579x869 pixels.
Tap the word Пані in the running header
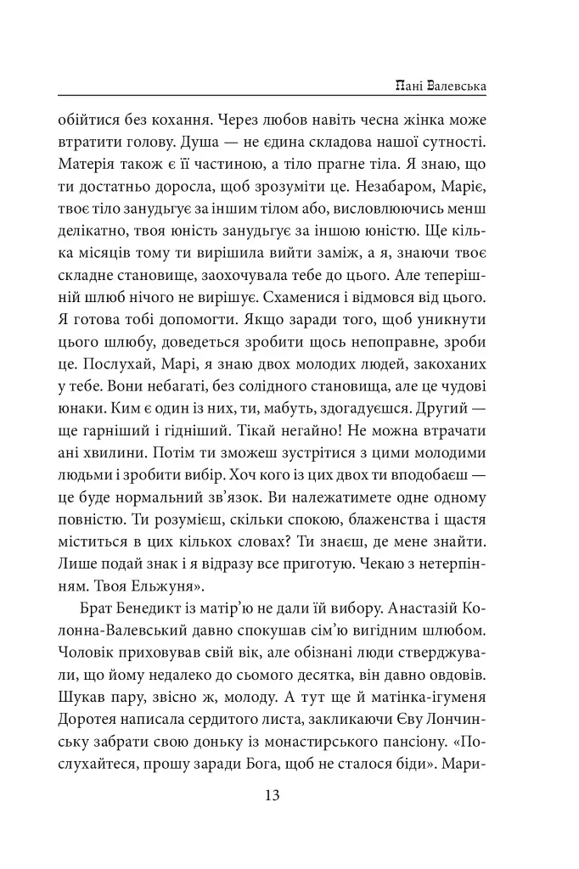tap(409, 86)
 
